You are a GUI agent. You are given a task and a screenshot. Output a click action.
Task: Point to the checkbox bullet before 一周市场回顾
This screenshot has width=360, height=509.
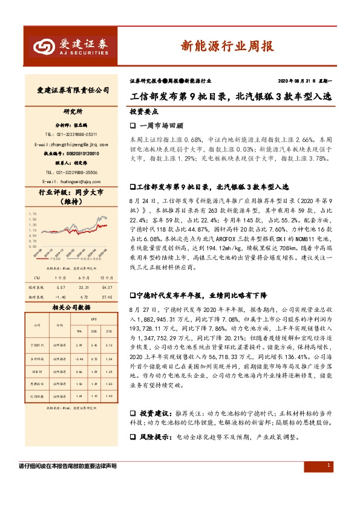[x=133, y=126]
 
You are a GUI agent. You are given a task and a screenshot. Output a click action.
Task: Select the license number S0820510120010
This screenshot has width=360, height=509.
[x=75, y=154]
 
